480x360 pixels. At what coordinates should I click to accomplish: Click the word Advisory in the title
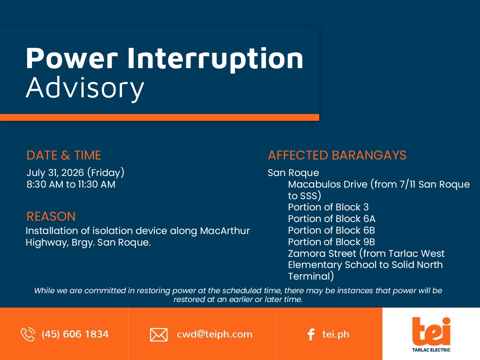85,89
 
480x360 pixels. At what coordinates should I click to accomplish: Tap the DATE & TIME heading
64,155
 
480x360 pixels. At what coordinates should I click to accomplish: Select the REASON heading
51,216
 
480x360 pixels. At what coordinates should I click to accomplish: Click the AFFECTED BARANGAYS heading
337,155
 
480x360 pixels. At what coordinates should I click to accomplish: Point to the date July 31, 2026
55,173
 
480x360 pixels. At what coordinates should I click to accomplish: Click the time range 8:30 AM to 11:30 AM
71,184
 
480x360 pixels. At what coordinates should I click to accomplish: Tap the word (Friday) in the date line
106,173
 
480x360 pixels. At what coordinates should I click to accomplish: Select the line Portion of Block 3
328,207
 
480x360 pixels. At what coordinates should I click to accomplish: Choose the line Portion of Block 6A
332,218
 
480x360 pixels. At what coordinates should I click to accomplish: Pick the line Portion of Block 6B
332,230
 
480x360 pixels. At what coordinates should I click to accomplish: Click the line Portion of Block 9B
332,242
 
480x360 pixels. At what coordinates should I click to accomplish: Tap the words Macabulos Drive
328,184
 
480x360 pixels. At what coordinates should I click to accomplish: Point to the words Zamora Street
322,253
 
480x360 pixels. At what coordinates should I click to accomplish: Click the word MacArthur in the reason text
225,231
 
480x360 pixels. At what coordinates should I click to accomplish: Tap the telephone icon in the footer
28,334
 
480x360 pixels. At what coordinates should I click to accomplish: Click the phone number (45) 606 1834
75,334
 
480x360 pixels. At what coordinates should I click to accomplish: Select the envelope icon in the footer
159,335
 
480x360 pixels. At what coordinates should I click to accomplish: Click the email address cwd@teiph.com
214,334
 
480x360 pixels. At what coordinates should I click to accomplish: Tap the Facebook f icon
311,334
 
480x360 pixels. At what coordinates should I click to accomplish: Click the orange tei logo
431,331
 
